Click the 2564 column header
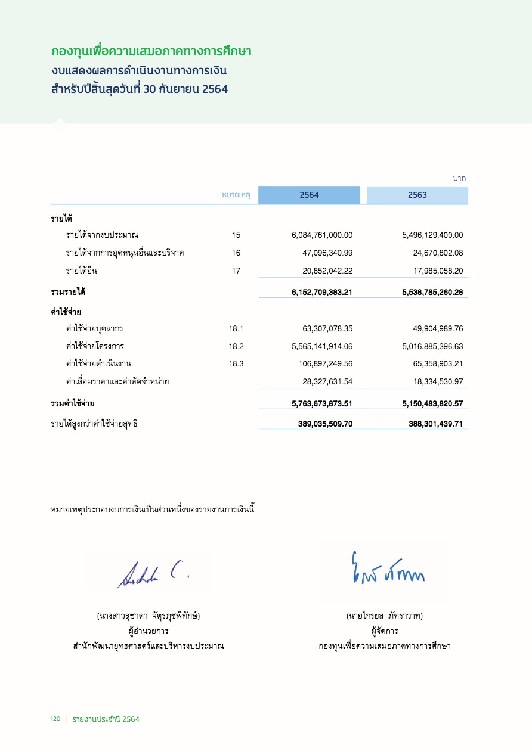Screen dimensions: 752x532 tap(309, 195)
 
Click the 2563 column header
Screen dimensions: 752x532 tap(417, 195)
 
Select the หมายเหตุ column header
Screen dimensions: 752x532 tap(236, 195)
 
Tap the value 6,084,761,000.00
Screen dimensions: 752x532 tap(322, 235)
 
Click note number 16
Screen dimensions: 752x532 tap(236, 253)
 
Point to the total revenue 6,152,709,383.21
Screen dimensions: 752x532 tap(322, 293)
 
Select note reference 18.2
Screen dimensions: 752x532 tap(236, 346)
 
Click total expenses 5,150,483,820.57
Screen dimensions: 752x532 tap(432, 404)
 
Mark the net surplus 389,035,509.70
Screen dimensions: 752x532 tap(325, 424)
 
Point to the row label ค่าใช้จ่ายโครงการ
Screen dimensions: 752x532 tap(95, 346)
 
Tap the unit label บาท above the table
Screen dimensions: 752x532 tap(459, 178)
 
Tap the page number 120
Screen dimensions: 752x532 tap(55, 719)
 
